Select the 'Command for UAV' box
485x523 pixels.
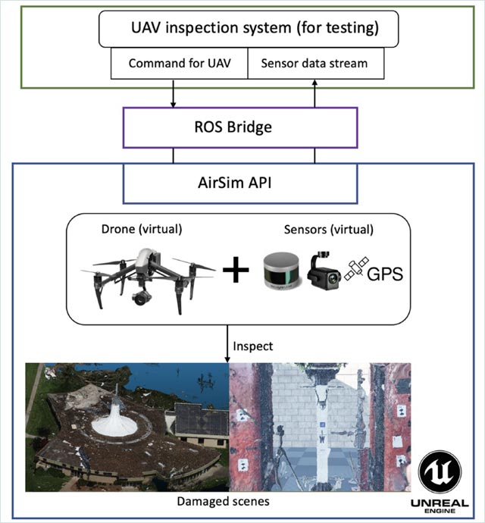pyautogui.click(x=179, y=64)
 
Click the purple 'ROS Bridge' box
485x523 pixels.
pyautogui.click(x=239, y=127)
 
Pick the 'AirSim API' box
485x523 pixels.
pyautogui.click(x=239, y=183)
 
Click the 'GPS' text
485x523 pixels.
pyautogui.click(x=384, y=274)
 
